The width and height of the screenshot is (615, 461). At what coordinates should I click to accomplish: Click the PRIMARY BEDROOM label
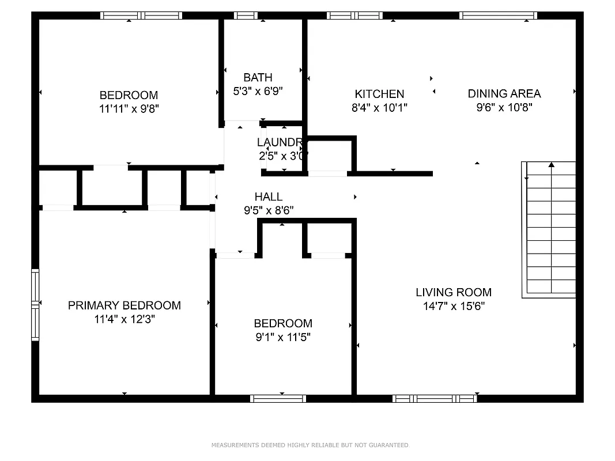[x=124, y=305]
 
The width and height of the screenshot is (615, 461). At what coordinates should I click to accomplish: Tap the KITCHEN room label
[x=379, y=94]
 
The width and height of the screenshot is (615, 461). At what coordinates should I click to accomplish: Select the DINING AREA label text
[x=504, y=93]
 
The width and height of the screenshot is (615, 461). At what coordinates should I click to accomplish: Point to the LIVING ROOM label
[x=454, y=292]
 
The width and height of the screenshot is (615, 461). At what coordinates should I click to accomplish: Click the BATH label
[x=258, y=77]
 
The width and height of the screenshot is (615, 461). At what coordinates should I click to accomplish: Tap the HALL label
[x=269, y=197]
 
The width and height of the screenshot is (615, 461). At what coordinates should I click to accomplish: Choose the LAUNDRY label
[x=280, y=142]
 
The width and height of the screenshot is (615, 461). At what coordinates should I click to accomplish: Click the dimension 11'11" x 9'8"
[x=129, y=109]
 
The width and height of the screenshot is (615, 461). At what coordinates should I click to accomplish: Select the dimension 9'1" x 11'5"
[x=283, y=337]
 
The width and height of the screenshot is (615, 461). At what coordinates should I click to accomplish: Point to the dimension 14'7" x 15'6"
[x=454, y=306]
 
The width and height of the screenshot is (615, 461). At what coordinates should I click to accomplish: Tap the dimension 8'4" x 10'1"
[x=379, y=108]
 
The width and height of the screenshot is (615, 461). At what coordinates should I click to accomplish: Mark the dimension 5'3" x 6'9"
[x=258, y=91]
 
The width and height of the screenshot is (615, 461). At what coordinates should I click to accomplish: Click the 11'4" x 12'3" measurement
[x=124, y=319]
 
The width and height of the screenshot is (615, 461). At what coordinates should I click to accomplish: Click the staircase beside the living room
[x=549, y=231]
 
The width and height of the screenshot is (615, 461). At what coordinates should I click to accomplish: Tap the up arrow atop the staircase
[x=552, y=165]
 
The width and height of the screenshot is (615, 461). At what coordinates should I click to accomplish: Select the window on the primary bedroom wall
[x=35, y=304]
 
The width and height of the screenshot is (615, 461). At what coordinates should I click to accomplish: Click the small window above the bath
[x=246, y=16]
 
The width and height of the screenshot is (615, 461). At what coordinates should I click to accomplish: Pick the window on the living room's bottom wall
[x=435, y=398]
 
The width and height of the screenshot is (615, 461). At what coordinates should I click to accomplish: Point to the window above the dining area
[x=498, y=16]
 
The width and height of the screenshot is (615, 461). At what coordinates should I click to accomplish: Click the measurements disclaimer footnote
[x=310, y=445]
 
